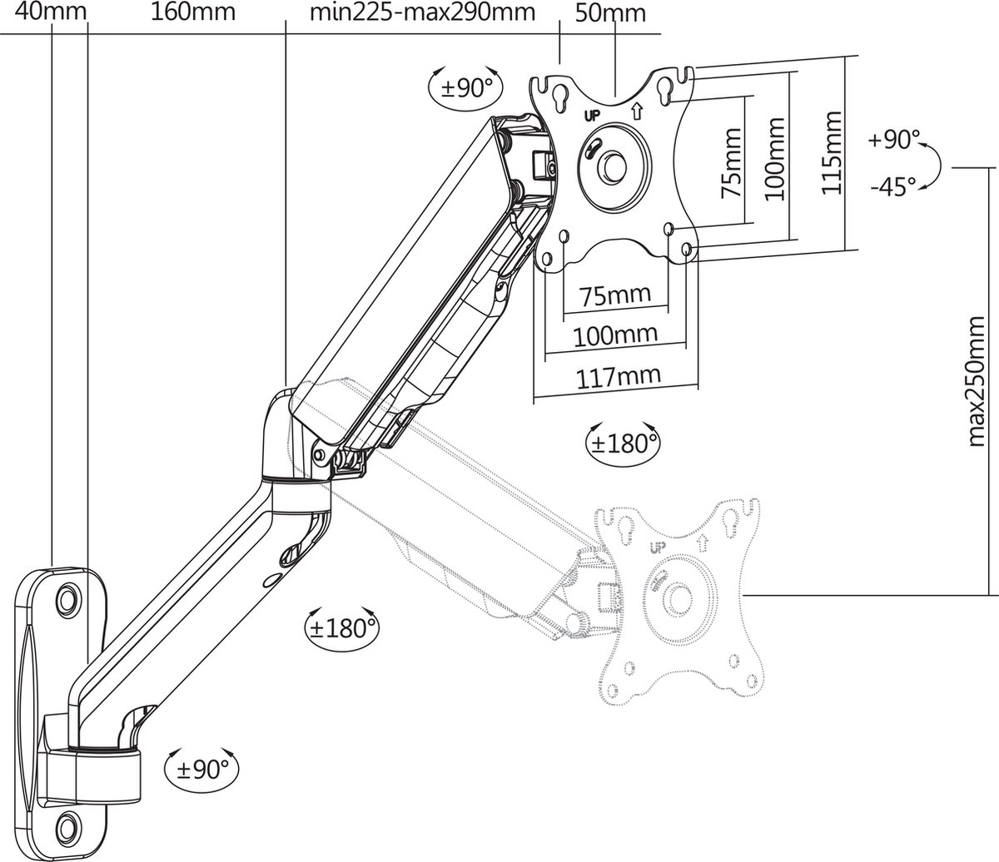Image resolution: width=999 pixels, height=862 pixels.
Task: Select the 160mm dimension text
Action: (193, 12)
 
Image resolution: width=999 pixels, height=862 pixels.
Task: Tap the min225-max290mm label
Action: (422, 12)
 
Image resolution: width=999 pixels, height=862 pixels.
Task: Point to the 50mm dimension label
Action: (610, 13)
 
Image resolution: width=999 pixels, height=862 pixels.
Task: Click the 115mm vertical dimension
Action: (832, 156)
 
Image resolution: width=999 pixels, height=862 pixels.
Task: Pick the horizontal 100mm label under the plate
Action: (615, 335)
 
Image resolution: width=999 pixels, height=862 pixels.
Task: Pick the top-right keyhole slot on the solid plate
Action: (665, 88)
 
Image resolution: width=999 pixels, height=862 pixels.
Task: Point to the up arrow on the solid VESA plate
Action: (638, 109)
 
